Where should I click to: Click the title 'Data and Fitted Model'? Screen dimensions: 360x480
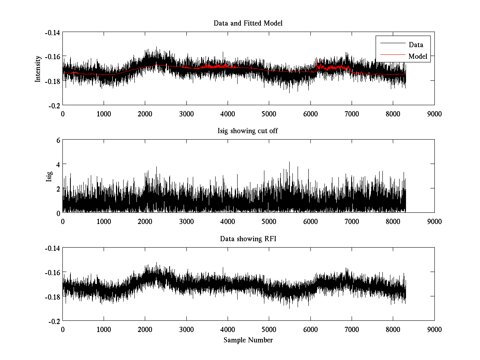pyautogui.click(x=248, y=23)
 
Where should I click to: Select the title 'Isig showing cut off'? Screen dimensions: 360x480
pyautogui.click(x=248, y=131)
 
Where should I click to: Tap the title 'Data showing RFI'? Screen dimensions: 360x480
pyautogui.click(x=248, y=239)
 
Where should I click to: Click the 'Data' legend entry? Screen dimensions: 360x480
pyautogui.click(x=416, y=45)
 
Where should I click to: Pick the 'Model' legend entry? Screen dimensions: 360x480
pyautogui.click(x=418, y=56)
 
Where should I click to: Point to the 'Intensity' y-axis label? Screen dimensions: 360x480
pyautogui.click(x=38, y=69)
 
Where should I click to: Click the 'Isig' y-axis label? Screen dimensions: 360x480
pyautogui.click(x=49, y=176)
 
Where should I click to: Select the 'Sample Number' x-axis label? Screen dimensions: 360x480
pyautogui.click(x=248, y=340)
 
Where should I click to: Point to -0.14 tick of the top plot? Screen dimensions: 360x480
pyautogui.click(x=53, y=32)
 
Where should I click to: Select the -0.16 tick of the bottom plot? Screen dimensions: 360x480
pyautogui.click(x=53, y=272)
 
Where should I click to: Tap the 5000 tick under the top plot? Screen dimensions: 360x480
pyautogui.click(x=269, y=114)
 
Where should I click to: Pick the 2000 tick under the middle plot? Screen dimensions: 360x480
pyautogui.click(x=145, y=221)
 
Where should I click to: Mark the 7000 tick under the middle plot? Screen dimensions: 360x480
pyautogui.click(x=352, y=221)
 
